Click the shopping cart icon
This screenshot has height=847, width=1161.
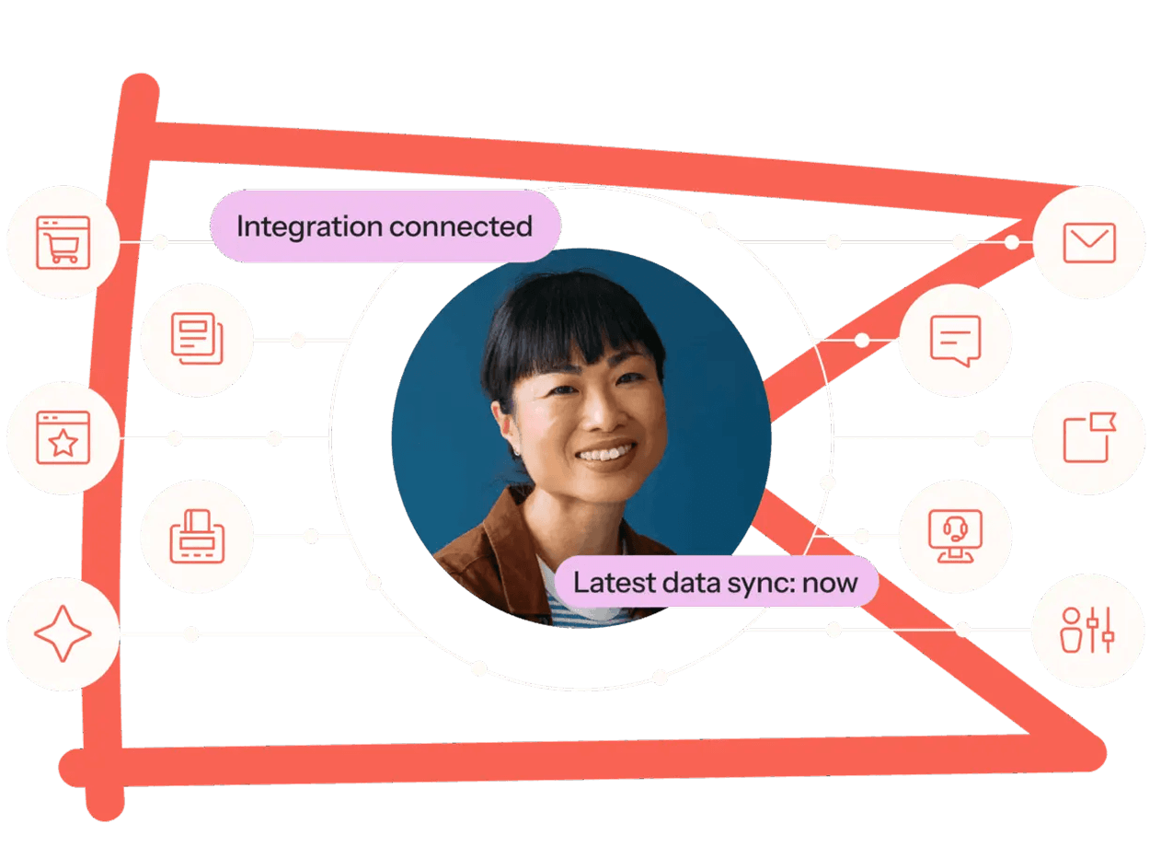click(63, 243)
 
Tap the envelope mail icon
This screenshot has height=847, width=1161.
click(1089, 243)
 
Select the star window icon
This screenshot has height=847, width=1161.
click(63, 438)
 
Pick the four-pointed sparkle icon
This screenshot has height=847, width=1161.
click(63, 633)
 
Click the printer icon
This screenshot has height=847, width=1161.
click(198, 537)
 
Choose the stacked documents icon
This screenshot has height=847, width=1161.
click(198, 339)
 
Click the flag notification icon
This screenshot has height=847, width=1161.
click(1089, 437)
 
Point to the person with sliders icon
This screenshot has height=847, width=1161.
click(1087, 631)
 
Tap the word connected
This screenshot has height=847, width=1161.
click(461, 226)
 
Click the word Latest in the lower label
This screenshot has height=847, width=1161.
click(615, 582)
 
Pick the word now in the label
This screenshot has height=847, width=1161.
click(830, 584)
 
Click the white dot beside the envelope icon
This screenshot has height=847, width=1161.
click(1012, 242)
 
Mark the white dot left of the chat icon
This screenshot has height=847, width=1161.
click(862, 341)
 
